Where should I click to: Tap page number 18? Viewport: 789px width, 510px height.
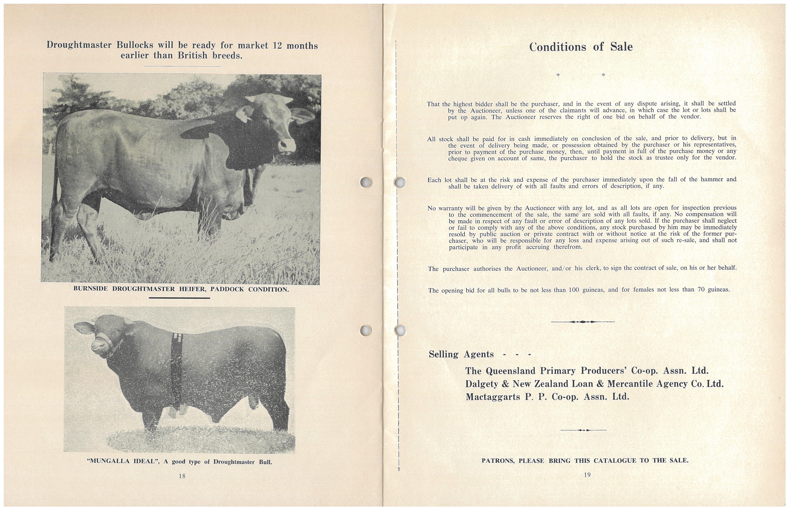(x=182, y=476)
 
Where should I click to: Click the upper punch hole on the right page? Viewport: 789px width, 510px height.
(x=400, y=182)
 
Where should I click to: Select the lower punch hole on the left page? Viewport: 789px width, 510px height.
(x=366, y=330)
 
